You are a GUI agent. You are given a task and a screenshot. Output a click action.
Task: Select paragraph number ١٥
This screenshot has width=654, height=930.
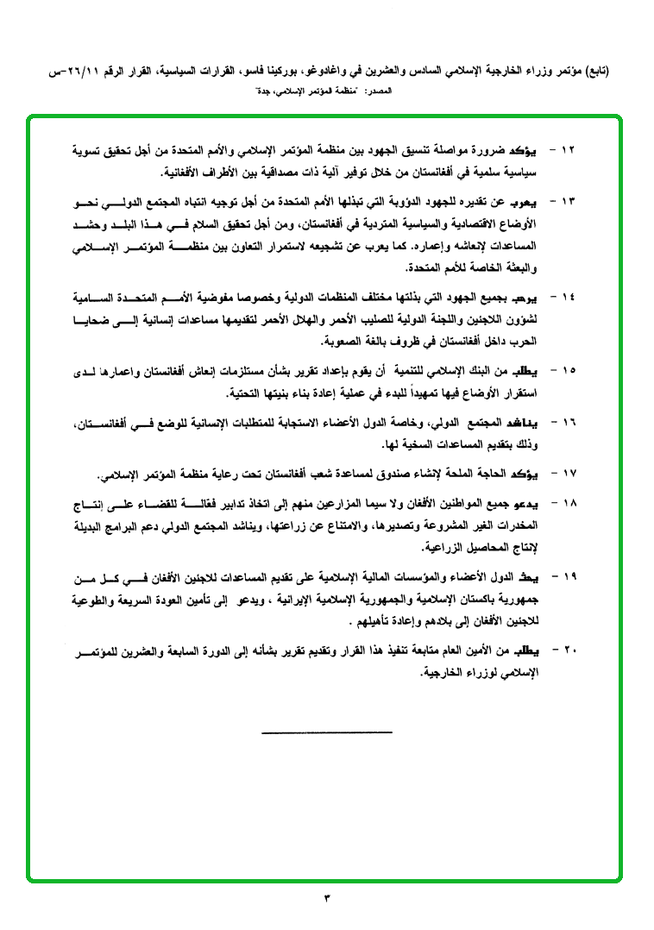(x=568, y=372)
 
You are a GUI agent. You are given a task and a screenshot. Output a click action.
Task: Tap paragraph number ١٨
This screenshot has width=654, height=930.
(x=568, y=503)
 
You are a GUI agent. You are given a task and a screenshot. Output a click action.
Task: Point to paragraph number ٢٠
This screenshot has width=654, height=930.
(x=568, y=648)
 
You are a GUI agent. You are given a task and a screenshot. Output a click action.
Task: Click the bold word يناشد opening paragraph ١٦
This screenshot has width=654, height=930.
(x=535, y=423)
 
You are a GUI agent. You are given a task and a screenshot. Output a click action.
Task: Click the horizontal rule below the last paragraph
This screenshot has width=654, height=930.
(x=327, y=733)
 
